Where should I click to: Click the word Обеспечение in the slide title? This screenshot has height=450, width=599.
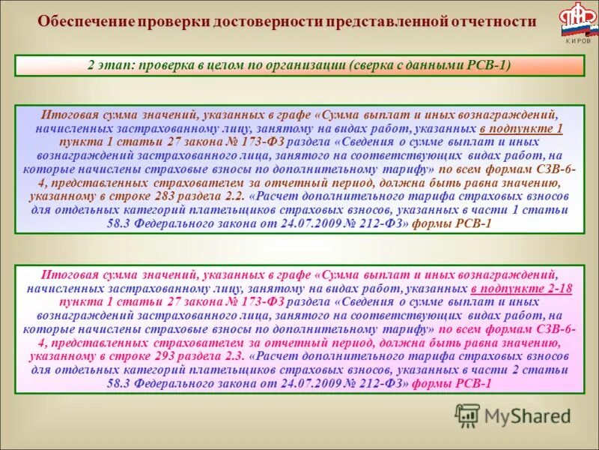point(84,22)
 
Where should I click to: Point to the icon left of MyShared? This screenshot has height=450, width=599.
point(468,415)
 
